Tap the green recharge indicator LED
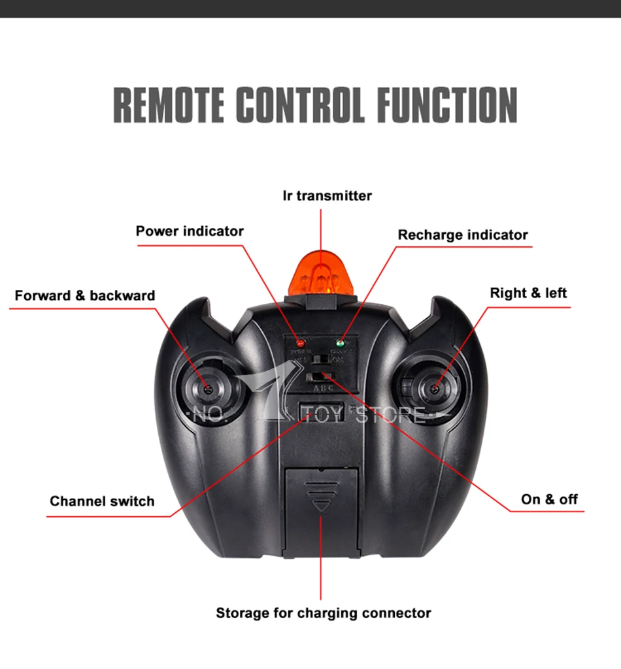pos(340,342)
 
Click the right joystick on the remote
pos(434,389)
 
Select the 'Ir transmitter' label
pos(327,195)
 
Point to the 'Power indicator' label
pos(190,231)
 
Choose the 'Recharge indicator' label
pos(463,235)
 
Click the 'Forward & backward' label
pos(85,295)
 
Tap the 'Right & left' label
pos(528,293)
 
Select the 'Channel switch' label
pos(102,501)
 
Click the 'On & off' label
pos(549,499)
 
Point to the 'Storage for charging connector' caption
pos(324,613)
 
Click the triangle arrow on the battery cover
pos(320,505)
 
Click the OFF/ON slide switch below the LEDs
pos(320,359)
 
